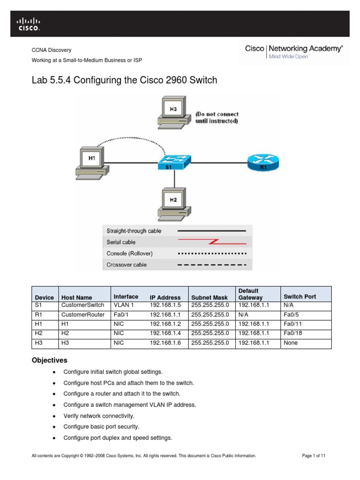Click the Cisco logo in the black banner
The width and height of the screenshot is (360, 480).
[x=29, y=24]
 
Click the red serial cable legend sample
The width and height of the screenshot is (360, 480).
[x=211, y=242]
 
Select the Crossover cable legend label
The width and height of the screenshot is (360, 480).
[x=127, y=265]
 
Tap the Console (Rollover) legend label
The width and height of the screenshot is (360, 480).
[x=129, y=254]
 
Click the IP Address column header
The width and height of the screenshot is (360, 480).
[x=165, y=298]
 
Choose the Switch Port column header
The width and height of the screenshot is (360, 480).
[x=300, y=297]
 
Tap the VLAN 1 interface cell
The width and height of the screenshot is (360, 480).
[x=123, y=305]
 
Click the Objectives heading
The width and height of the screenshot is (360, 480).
[x=49, y=360]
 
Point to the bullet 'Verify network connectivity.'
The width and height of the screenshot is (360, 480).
[x=99, y=416]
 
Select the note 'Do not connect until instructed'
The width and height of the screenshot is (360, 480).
[x=217, y=118]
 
